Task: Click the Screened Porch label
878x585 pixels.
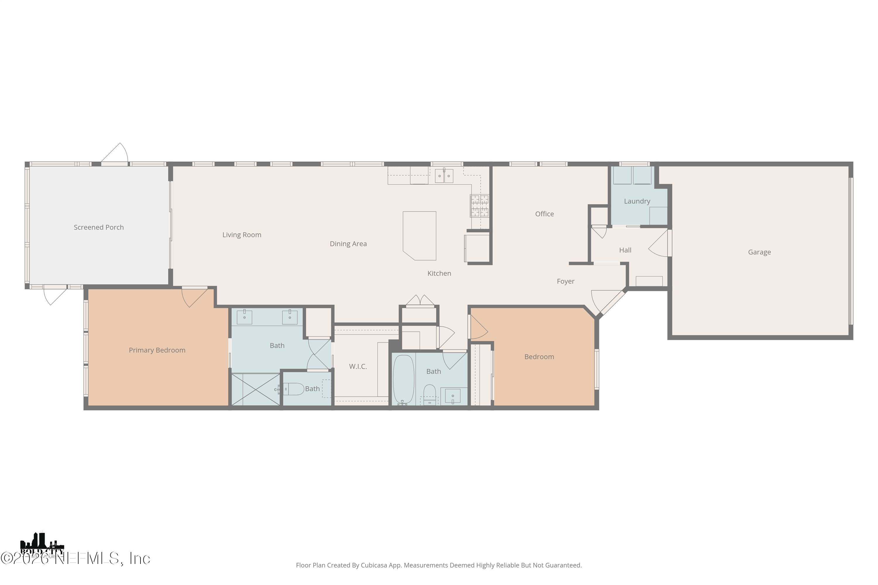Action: coord(99,227)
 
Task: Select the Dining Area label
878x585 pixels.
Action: coord(348,244)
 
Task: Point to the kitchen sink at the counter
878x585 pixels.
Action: coord(444,176)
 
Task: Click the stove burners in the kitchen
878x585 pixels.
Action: coord(479,206)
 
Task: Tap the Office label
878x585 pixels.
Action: coord(544,214)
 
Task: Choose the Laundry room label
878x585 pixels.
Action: coord(637,201)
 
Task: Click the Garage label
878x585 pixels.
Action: coord(759,252)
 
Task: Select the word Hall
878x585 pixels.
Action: coord(625,250)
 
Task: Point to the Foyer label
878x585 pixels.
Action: coord(565,281)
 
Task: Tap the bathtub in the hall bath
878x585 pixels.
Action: coord(403,379)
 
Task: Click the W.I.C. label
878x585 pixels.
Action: coord(358,367)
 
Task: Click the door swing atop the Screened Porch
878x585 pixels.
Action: coord(116,154)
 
